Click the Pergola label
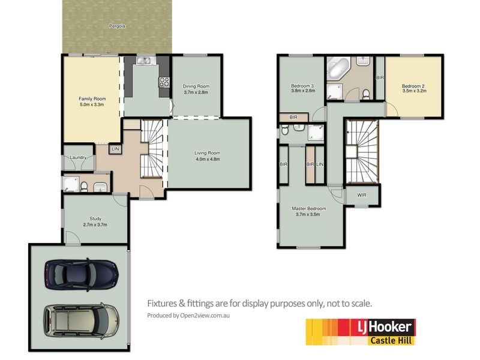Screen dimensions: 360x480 pyautogui.click(x=117, y=26)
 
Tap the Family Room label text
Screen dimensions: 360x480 pyautogui.click(x=92, y=98)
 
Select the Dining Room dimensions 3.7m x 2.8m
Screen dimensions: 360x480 pyautogui.click(x=196, y=92)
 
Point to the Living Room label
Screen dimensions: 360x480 pyautogui.click(x=207, y=153)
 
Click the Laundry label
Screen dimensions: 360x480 pyautogui.click(x=78, y=158)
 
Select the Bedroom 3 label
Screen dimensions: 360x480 pyautogui.click(x=303, y=85)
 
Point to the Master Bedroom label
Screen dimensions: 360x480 pyautogui.click(x=308, y=209)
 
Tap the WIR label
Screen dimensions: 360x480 pyautogui.click(x=362, y=195)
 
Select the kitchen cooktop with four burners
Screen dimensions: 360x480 pyautogui.click(x=164, y=83)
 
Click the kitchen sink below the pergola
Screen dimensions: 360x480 pyautogui.click(x=144, y=60)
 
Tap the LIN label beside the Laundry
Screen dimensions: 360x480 pyautogui.click(x=116, y=149)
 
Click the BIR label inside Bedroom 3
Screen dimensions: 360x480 pyautogui.click(x=293, y=117)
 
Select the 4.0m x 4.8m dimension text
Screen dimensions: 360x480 pyautogui.click(x=207, y=160)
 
